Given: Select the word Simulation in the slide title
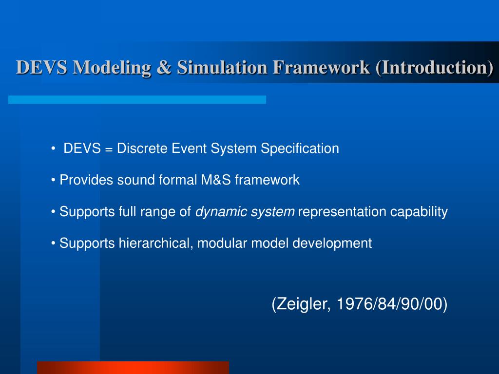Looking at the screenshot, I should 222,67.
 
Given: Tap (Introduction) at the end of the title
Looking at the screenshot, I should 434,67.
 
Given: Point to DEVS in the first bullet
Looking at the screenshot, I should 82,149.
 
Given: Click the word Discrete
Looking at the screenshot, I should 143,149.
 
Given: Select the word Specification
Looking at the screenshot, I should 300,149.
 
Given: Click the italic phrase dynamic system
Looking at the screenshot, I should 245,212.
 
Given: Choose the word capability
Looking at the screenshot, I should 419,212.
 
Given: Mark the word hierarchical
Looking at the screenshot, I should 156,243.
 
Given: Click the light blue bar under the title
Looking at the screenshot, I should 137,99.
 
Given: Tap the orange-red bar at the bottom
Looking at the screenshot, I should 133,367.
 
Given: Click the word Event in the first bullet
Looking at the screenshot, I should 190,149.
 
